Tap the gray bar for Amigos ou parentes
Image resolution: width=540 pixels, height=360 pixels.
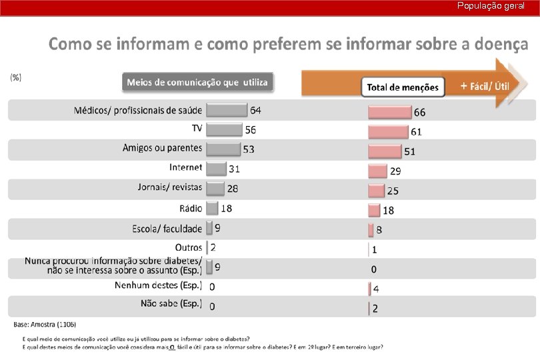[x=223, y=149]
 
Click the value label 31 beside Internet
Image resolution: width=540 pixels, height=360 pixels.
[x=234, y=169]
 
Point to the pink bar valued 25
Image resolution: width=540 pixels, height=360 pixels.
[x=377, y=191]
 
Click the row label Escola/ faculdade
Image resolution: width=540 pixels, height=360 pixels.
[x=167, y=229]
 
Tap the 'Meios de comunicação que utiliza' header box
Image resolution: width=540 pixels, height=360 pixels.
[x=197, y=83]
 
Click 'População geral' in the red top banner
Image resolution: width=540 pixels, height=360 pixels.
[x=491, y=5]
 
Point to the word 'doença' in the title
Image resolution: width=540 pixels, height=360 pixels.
[x=495, y=45]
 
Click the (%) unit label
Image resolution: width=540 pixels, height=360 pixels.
[x=15, y=77]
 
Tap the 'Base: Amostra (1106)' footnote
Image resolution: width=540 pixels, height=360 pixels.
[x=45, y=325]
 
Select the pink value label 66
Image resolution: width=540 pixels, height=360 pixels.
[x=420, y=111]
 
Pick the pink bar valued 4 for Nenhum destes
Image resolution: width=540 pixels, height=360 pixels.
[x=370, y=289]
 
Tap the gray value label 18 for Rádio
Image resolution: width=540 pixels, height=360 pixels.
[x=226, y=209]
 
